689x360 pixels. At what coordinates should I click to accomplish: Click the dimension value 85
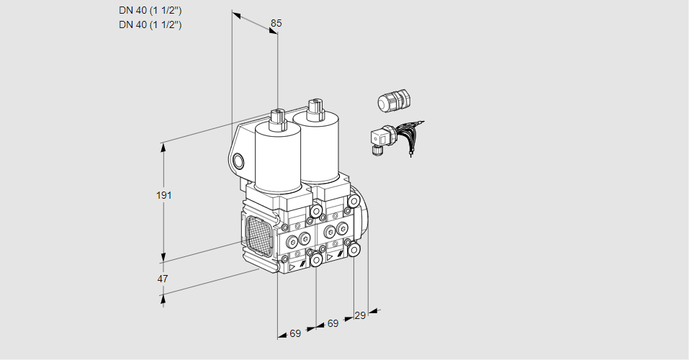pos(276,23)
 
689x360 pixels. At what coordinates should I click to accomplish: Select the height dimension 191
pos(166,195)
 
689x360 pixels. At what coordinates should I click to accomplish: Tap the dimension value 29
pos(360,315)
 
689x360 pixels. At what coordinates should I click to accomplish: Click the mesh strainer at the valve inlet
pos(258,237)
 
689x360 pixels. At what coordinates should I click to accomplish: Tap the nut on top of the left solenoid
pos(277,117)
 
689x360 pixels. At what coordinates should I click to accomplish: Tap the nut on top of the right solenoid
pos(314,108)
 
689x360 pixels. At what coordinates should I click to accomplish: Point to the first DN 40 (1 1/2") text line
pos(150,10)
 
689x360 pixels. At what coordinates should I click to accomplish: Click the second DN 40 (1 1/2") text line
pos(150,24)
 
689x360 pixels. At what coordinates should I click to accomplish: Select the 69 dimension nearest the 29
pos(332,324)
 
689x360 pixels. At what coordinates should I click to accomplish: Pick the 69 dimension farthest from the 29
pos(295,333)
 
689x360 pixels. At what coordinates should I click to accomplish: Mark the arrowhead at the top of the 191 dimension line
pos(163,147)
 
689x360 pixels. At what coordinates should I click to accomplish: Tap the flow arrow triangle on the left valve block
pos(292,266)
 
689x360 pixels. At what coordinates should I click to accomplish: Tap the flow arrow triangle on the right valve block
pos(330,256)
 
